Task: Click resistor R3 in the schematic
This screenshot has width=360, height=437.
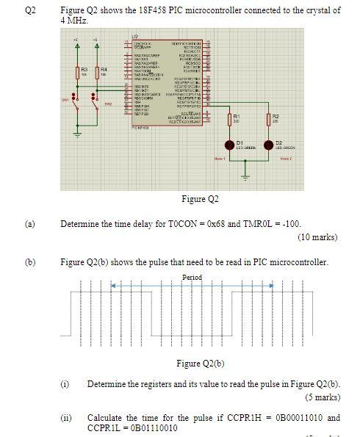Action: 78,73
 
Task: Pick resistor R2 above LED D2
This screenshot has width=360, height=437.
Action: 268,118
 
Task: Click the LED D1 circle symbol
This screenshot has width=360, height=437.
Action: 228,144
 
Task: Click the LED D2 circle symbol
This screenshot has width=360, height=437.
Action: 269,144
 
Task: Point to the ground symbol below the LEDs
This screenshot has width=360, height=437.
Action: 247,176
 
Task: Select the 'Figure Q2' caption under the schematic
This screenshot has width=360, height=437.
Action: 201,199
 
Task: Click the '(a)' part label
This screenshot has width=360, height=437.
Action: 30,224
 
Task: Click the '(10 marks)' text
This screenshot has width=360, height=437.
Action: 318,237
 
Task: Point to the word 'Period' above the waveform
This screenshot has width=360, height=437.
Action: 192,277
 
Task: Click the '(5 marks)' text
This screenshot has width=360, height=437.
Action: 323,397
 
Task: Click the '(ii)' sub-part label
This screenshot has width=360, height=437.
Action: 67,417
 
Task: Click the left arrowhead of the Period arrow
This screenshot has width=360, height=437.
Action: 113,285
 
